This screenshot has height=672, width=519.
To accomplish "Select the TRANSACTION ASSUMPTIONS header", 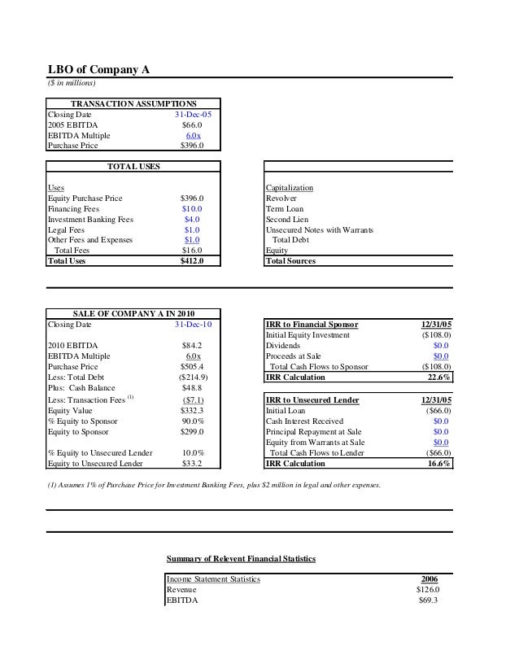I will click(x=133, y=104).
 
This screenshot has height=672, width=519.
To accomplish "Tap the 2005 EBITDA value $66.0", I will click(x=192, y=125).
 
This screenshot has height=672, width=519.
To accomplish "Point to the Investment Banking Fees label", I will click(x=90, y=220).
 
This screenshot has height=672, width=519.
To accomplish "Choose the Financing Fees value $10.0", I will click(x=192, y=209).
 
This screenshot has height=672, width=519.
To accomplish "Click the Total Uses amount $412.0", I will click(x=192, y=261).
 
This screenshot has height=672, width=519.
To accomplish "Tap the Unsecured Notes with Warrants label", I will click(x=320, y=230).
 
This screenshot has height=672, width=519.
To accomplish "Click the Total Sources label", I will click(x=290, y=261).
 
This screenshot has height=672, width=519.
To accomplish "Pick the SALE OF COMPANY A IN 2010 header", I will click(x=133, y=314).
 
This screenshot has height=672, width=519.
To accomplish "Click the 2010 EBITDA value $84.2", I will click(x=192, y=346).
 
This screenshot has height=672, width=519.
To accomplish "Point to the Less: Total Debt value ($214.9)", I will click(x=193, y=377).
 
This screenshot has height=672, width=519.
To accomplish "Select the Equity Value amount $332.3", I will click(x=192, y=410).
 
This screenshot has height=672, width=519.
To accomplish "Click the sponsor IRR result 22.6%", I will click(x=439, y=377).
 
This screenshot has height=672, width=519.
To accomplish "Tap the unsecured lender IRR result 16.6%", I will click(x=439, y=464).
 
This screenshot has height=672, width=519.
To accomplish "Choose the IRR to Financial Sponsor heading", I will click(x=312, y=325).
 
